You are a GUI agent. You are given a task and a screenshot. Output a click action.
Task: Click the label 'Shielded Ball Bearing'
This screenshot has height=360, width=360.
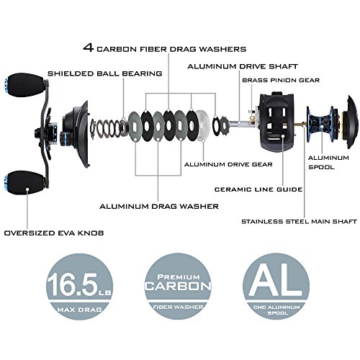point(105,73)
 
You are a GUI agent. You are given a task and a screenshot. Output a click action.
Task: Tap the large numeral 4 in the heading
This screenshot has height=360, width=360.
point(89,48)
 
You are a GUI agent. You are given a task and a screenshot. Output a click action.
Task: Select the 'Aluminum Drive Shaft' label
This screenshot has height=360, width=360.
point(243,66)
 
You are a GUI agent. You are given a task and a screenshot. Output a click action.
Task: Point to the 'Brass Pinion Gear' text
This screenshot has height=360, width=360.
point(281,80)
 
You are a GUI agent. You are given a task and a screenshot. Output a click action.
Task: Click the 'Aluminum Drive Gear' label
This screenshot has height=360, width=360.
point(228,164)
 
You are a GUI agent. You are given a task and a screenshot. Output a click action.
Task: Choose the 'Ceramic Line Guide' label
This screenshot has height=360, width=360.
point(258,189)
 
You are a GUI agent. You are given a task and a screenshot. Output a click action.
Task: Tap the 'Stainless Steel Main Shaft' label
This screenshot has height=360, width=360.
point(299,221)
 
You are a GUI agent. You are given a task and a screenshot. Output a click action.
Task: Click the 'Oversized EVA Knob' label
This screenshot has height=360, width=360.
point(54,233)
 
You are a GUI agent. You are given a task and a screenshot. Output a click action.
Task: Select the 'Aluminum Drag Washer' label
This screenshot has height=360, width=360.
point(159,207)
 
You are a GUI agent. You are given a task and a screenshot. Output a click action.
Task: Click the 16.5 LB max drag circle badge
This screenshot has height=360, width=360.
point(79,287)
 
